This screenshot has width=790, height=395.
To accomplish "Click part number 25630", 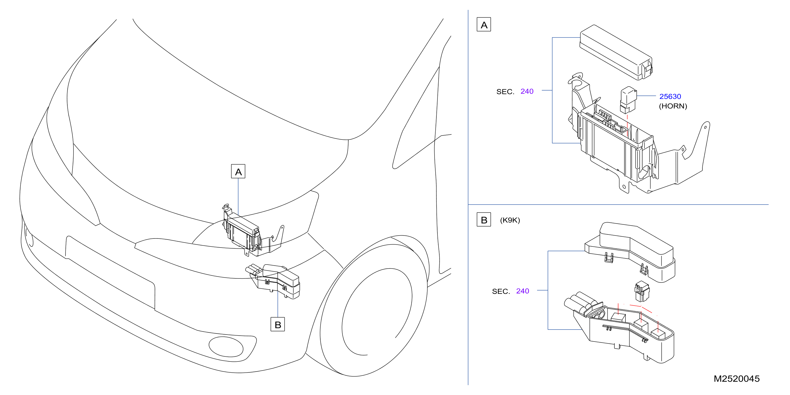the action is [x=670, y=97].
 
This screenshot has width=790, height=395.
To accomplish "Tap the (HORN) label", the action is [x=673, y=106].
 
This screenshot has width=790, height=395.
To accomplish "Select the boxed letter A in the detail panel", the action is [x=484, y=24].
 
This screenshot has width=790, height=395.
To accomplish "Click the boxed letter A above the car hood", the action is [x=238, y=171].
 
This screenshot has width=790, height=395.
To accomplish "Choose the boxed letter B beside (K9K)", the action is [x=484, y=220].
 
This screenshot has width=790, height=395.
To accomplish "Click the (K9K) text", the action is [x=510, y=220].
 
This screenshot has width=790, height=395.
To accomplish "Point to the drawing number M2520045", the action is [x=737, y=379].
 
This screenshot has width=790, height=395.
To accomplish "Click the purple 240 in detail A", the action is [x=527, y=91].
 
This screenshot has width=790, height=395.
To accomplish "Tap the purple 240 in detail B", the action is [x=523, y=291].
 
